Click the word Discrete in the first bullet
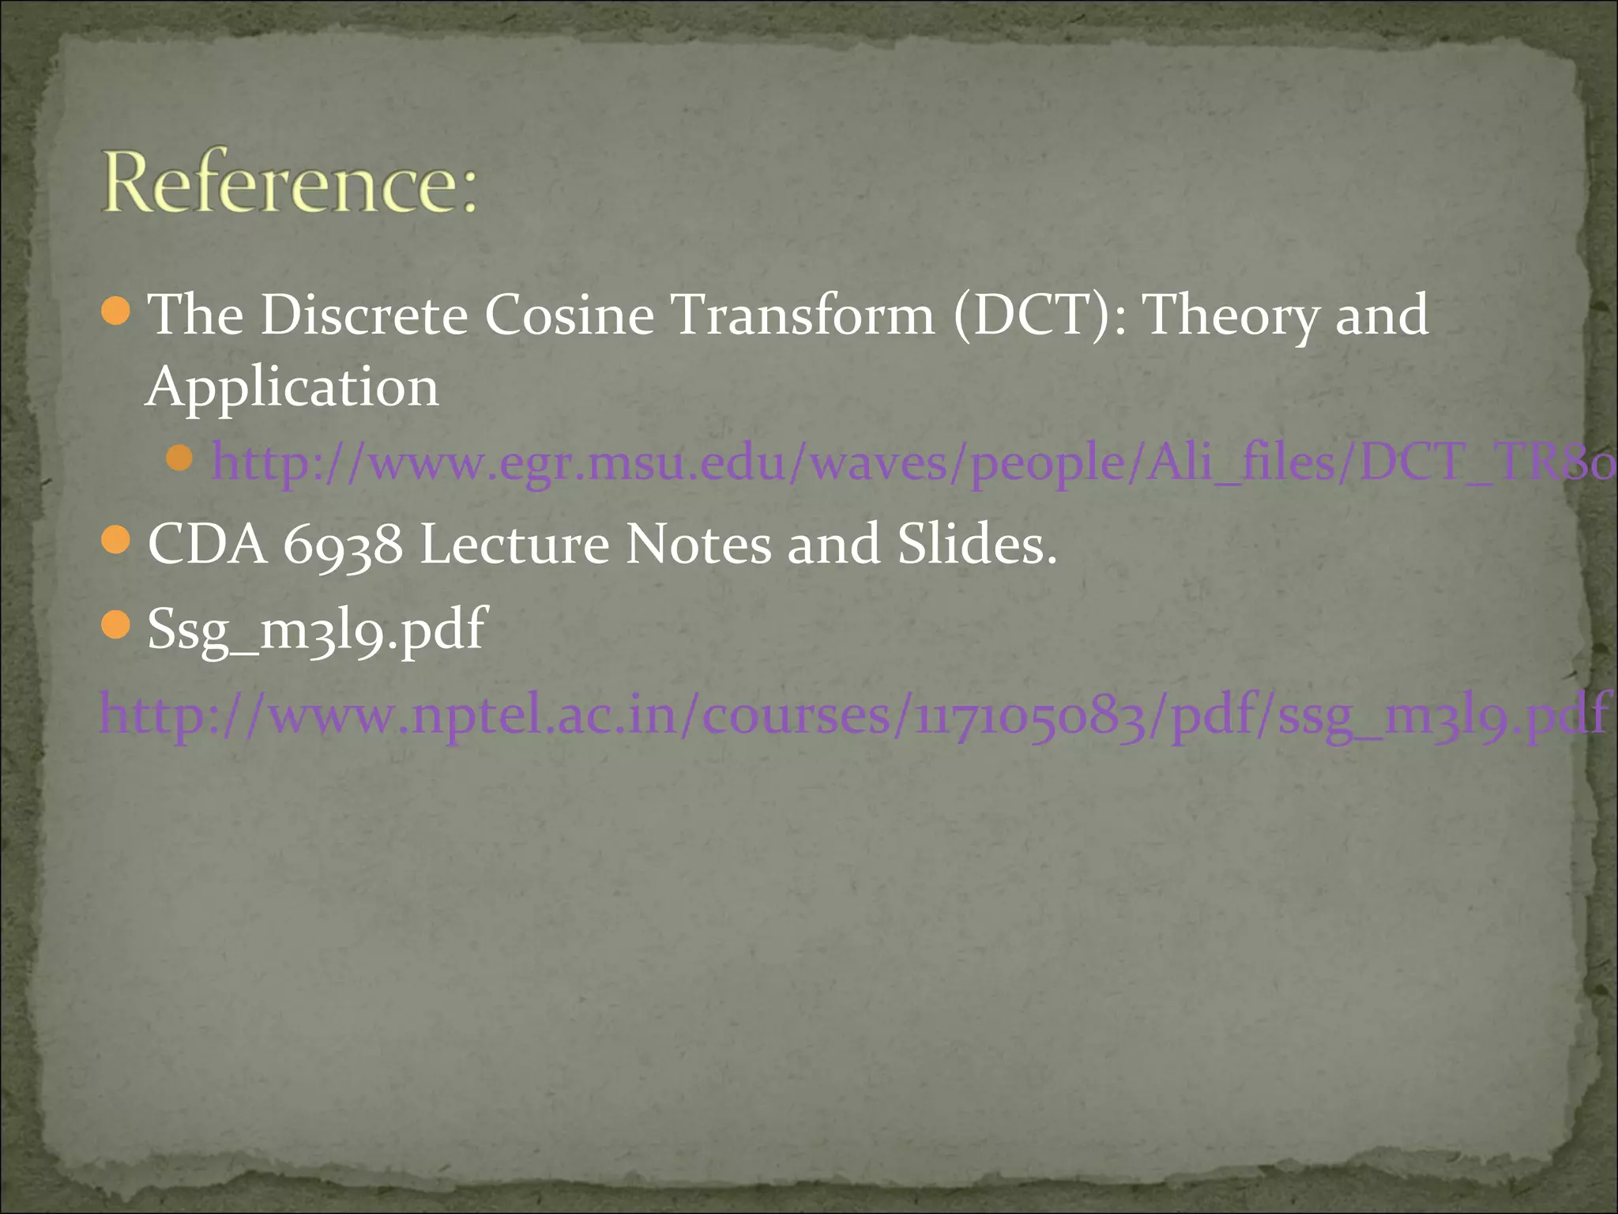(364, 315)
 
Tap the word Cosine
(569, 315)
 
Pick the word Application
(292, 387)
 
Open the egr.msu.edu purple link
(909, 462)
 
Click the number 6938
(342, 545)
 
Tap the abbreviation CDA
(208, 545)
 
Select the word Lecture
(514, 545)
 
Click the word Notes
(698, 545)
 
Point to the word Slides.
(976, 545)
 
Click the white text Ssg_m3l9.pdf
(317, 630)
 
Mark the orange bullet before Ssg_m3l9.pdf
(116, 625)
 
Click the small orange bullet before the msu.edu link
(180, 458)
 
